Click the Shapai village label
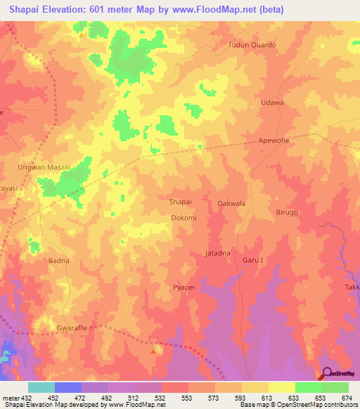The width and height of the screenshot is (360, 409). [x=181, y=201]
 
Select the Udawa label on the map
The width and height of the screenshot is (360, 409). [x=272, y=103]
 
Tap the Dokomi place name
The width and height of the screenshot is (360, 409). [x=184, y=219]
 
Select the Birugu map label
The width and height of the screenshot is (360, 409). [x=288, y=212]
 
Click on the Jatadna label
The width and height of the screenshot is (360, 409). [x=217, y=252]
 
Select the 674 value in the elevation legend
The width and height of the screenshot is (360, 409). [x=347, y=398]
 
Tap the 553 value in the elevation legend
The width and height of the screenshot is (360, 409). [x=186, y=398]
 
